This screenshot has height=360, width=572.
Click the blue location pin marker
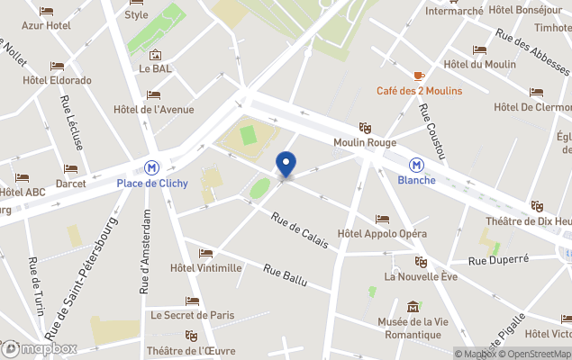click(286, 165)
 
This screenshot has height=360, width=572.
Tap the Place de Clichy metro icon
click(152, 166)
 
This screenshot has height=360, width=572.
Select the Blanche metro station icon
click(416, 166)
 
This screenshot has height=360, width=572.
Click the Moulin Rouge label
click(364, 142)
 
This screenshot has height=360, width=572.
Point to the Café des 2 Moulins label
click(419, 91)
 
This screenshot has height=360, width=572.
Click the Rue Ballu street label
click(285, 274)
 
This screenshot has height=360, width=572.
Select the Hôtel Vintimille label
click(206, 267)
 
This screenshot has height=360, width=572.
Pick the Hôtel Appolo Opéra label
click(382, 234)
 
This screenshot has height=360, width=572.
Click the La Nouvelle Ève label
click(421, 276)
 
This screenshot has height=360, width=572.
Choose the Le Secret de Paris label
click(193, 315)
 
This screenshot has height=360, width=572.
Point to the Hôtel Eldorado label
click(58, 80)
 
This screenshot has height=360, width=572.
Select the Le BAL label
click(155, 67)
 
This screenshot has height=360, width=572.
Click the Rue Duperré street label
click(498, 260)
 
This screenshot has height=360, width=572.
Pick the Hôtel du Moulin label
click(480, 64)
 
